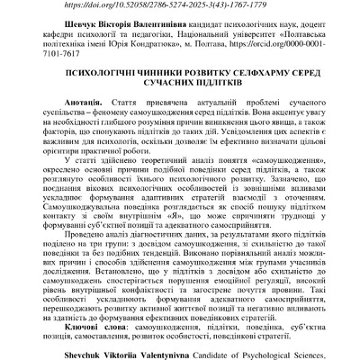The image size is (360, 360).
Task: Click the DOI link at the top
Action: point(180,4)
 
